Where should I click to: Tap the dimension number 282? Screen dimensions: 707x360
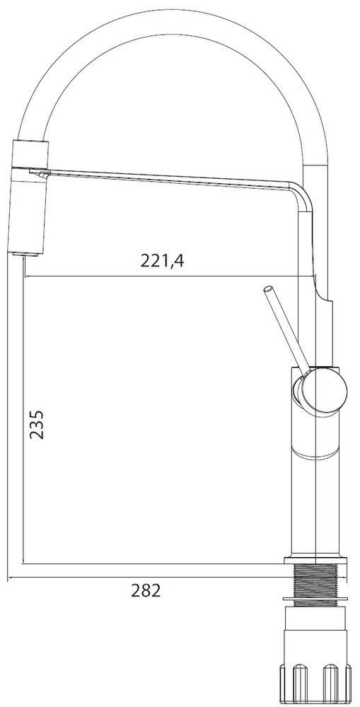click(x=146, y=591)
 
